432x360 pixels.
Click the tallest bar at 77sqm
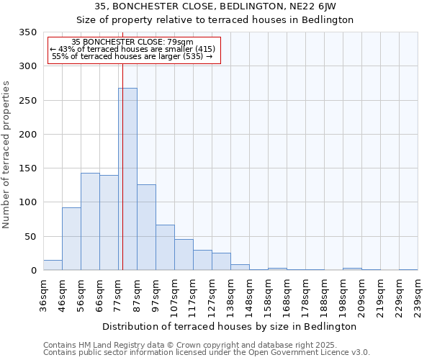(128, 180)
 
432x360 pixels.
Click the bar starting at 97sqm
(165, 248)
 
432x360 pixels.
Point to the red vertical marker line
(122, 144)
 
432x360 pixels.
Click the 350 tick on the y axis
(27, 32)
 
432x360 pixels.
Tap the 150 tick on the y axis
(27, 168)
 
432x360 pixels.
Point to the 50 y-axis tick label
(30, 237)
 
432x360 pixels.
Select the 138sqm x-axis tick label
(230, 295)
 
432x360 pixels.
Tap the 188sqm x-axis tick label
(324, 295)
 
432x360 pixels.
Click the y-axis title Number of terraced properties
(6, 155)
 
